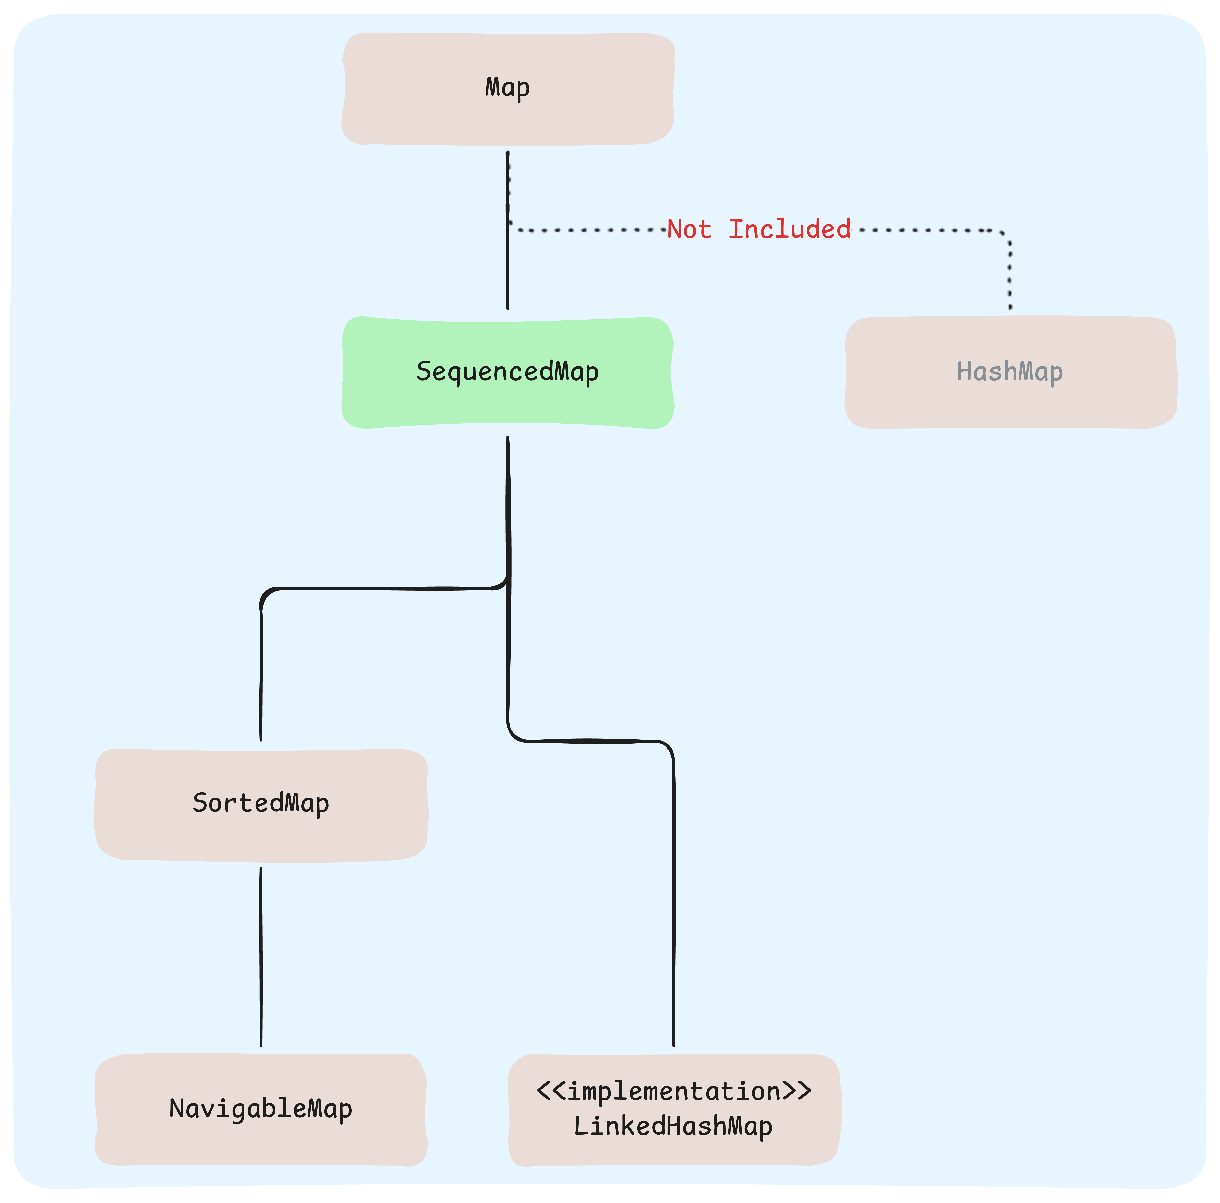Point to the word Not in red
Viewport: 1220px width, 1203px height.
tap(689, 229)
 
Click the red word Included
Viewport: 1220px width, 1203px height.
tap(789, 229)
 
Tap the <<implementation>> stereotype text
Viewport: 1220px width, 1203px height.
tap(674, 1091)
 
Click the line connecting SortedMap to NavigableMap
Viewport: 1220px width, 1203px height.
tap(261, 956)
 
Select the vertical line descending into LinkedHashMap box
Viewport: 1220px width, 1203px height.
tap(674, 896)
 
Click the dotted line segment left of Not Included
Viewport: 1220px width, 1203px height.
tap(587, 230)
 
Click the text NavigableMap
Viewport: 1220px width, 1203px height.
tap(261, 1109)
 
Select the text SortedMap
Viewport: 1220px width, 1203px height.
tap(261, 804)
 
